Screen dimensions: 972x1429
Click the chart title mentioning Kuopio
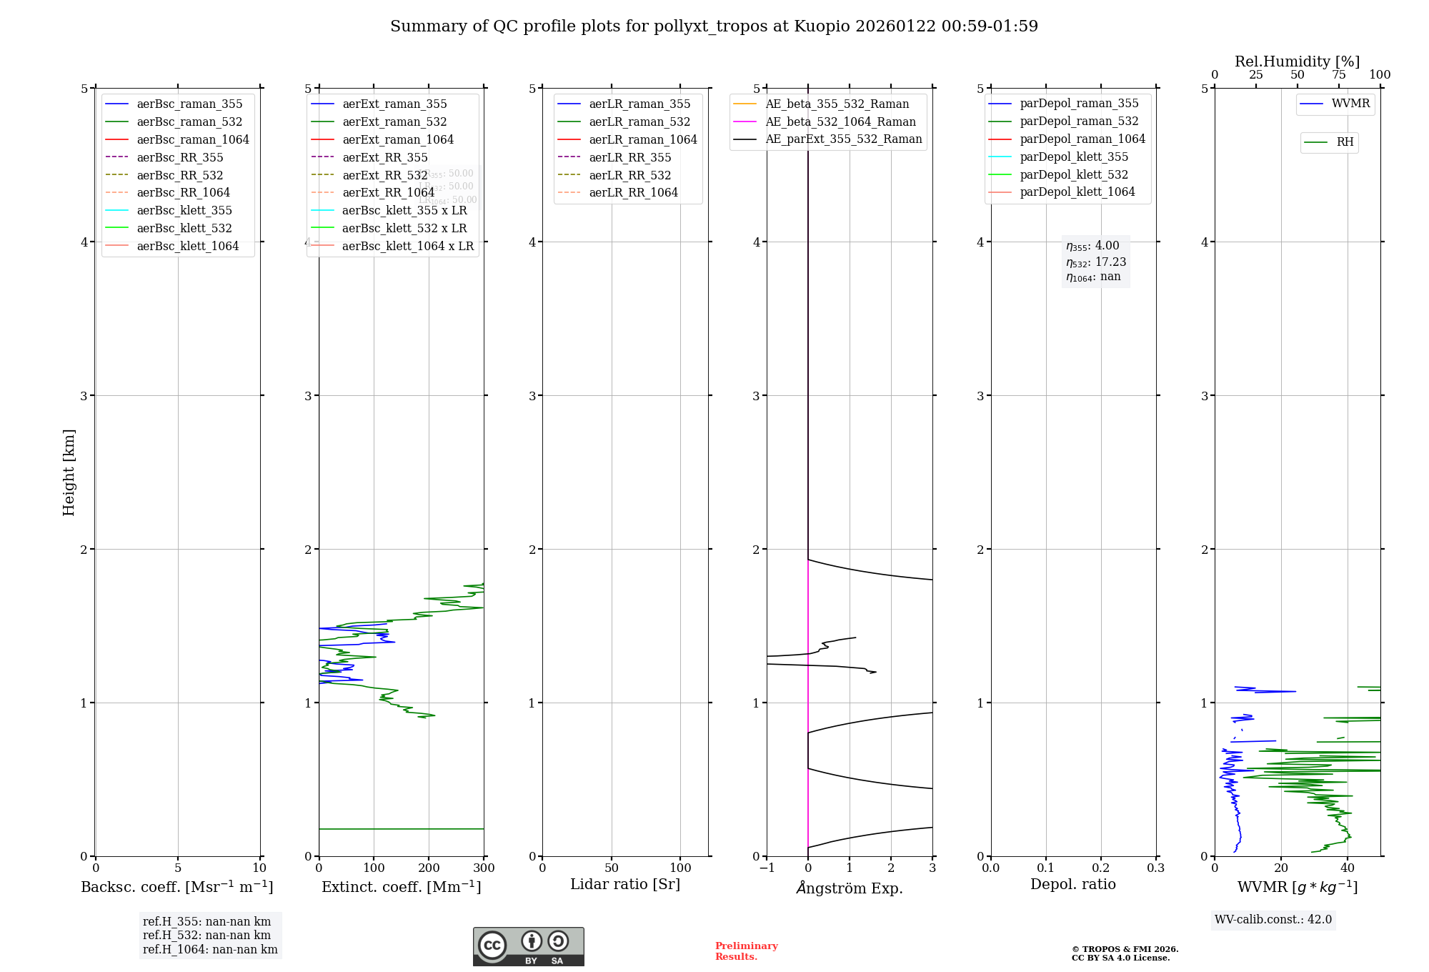(x=714, y=26)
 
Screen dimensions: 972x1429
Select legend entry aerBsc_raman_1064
(x=193, y=139)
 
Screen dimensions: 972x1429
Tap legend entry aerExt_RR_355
(x=384, y=157)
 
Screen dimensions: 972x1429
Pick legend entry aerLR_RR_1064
(x=633, y=192)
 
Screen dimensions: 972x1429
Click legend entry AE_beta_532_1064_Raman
(x=840, y=121)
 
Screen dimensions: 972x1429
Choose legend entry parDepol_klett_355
(x=1074, y=157)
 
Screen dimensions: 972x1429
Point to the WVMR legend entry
(x=1350, y=104)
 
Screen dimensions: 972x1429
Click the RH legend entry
(x=1345, y=142)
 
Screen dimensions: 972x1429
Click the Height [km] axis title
(x=69, y=472)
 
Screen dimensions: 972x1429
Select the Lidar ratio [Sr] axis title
(x=625, y=884)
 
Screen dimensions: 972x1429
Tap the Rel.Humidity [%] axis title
(x=1297, y=61)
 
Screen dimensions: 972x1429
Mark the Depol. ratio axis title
(x=1072, y=884)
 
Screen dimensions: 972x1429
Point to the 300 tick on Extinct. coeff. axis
(x=484, y=868)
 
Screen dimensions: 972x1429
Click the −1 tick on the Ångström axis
(x=767, y=868)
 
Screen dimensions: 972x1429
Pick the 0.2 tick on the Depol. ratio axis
(x=1101, y=868)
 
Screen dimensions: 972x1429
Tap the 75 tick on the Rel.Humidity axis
(x=1339, y=75)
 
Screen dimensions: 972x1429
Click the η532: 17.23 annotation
(x=1096, y=262)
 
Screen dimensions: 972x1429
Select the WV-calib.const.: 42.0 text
(x=1273, y=920)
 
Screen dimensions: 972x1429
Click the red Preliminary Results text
(x=746, y=951)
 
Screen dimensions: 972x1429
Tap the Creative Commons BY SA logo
(x=528, y=946)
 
